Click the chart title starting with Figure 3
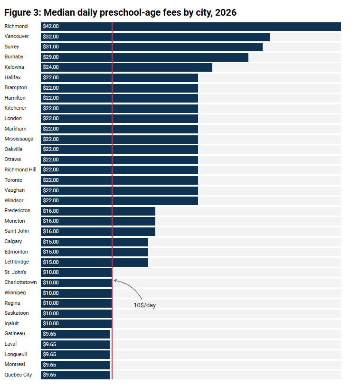point(121,12)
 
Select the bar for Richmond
point(191,27)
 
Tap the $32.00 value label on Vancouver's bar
point(51,37)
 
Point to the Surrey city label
point(11,47)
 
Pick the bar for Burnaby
point(144,57)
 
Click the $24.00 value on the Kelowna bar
point(51,67)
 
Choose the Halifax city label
point(12,77)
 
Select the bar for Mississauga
point(119,139)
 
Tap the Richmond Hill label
point(20,169)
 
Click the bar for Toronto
point(119,180)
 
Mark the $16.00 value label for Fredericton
point(51,211)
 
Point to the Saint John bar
point(98,232)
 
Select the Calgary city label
point(13,242)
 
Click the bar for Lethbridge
point(95,263)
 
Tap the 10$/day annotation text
point(145,305)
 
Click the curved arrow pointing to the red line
point(131,285)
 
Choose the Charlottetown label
point(20,282)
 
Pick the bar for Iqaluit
point(76,324)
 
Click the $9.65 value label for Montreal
point(49,365)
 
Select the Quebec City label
point(18,375)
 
